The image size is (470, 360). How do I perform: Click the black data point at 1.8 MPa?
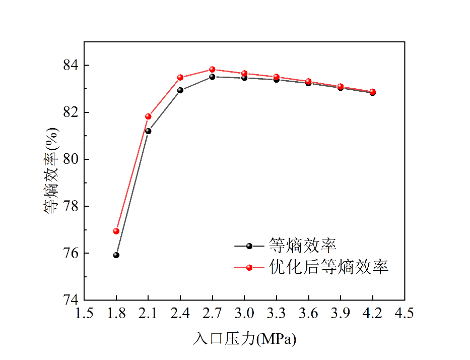[x=116, y=255]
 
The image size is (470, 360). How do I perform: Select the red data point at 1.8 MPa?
[x=116, y=231]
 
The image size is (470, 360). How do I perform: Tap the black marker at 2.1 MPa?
[x=148, y=131]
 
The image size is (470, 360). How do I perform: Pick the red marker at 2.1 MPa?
[x=148, y=116]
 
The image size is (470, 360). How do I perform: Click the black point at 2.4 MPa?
[x=180, y=90]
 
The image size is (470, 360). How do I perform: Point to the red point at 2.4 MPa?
[x=180, y=78]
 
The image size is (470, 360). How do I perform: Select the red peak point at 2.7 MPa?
[x=212, y=70]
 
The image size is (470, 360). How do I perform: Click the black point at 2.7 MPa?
[x=212, y=77]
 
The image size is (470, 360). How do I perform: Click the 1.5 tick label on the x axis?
[x=84, y=314]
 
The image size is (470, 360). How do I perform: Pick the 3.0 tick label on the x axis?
[x=244, y=314]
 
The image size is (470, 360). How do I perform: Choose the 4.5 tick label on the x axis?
[x=405, y=314]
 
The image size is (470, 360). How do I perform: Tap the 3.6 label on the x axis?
[x=308, y=314]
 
